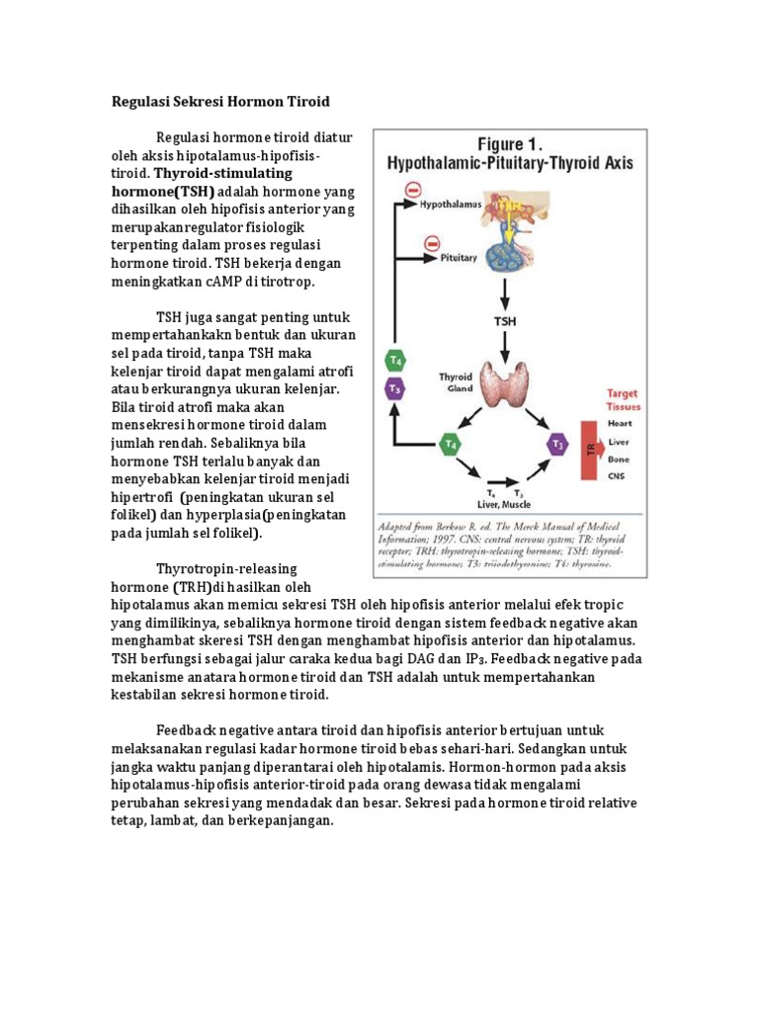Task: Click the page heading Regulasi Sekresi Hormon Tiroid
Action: pyautogui.click(x=219, y=101)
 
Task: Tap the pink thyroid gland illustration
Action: pyautogui.click(x=506, y=384)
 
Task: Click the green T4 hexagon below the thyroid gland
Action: pyautogui.click(x=451, y=444)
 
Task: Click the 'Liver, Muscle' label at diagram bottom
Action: pyautogui.click(x=503, y=501)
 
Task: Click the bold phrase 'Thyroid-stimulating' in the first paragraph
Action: pyautogui.click(x=223, y=172)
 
